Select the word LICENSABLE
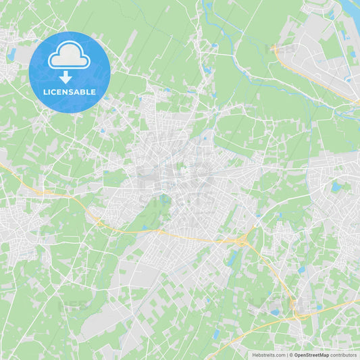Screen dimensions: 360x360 pos(70,92)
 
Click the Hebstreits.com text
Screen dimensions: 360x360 pos(269,355)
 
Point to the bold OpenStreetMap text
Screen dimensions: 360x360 pos(311,355)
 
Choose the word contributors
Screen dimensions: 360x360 pos(343,355)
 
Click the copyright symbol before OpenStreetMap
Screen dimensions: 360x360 pos(291,355)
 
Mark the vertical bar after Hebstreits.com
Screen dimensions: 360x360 pos(287,355)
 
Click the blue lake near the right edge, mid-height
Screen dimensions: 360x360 pos(336,187)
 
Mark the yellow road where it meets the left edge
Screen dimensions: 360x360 pos(2,165)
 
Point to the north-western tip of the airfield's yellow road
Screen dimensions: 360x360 pos(274,48)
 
